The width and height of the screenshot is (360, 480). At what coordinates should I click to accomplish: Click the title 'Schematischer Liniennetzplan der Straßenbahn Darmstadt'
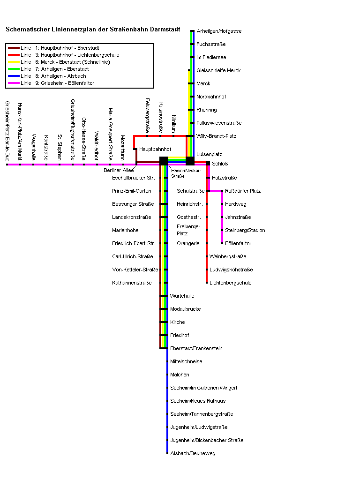click(x=93, y=29)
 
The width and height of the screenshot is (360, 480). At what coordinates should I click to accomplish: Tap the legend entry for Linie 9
click(x=58, y=83)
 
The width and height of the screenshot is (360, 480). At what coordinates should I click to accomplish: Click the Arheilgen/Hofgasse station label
click(x=219, y=31)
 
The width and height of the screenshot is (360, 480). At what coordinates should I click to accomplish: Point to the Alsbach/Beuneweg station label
click(x=193, y=453)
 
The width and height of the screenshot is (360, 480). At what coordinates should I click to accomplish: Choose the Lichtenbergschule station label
click(x=230, y=283)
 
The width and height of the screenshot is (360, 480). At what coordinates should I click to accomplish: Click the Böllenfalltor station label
click(x=238, y=243)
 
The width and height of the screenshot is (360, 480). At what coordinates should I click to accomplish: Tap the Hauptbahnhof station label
click(x=155, y=149)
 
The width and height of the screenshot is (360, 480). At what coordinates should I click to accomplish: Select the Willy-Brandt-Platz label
click(x=216, y=136)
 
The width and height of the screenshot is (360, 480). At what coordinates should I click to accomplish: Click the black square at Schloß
click(x=208, y=163)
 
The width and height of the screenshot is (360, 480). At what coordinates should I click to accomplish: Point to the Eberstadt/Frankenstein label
click(x=196, y=348)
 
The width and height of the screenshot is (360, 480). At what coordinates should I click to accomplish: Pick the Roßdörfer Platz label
click(x=243, y=191)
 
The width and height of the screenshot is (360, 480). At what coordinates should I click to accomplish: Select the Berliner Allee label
click(x=119, y=170)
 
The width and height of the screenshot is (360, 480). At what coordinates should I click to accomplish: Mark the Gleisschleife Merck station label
click(x=218, y=70)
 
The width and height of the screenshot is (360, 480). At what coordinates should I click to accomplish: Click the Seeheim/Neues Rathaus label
click(x=197, y=401)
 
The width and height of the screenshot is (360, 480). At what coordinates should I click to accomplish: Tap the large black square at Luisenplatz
click(x=190, y=161)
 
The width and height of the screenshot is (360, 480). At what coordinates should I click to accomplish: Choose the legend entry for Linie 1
click(x=60, y=48)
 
